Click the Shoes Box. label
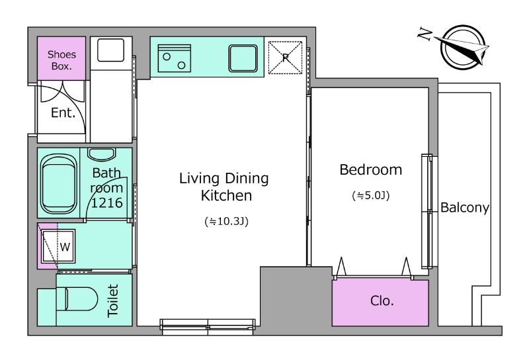point(61,60)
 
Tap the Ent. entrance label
point(63,112)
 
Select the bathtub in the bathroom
point(58,183)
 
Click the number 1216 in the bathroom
point(106,202)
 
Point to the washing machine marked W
point(58,246)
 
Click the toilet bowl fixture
point(77,299)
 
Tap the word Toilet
point(113,300)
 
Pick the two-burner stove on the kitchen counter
point(174,58)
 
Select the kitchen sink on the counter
point(243,58)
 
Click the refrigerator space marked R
point(285,58)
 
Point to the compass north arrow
point(462,47)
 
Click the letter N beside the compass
point(425,34)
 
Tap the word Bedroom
point(371,169)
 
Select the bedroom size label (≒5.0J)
point(371,195)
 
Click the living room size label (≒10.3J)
point(226,222)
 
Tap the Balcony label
point(465,207)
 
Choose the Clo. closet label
point(382,300)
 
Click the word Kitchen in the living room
point(226,195)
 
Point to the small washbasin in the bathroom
point(102,155)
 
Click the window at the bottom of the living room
point(208,326)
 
